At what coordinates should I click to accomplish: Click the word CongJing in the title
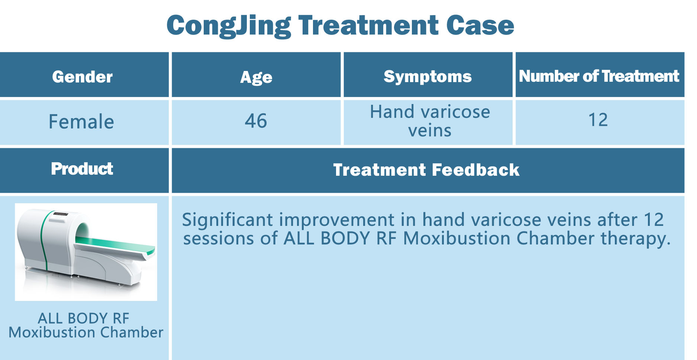tap(229, 26)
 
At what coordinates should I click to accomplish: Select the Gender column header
tap(82, 77)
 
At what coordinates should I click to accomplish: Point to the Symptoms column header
tap(427, 77)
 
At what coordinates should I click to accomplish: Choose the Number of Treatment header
tap(599, 76)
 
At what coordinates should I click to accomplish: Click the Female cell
tap(81, 122)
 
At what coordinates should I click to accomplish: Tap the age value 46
tap(256, 121)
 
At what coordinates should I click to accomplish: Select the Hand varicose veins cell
tap(430, 121)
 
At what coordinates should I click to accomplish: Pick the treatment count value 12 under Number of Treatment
tap(598, 120)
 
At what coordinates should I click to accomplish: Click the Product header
tap(82, 169)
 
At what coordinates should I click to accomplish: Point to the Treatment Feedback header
tap(426, 170)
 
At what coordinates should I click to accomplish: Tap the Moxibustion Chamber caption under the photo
tap(86, 333)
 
